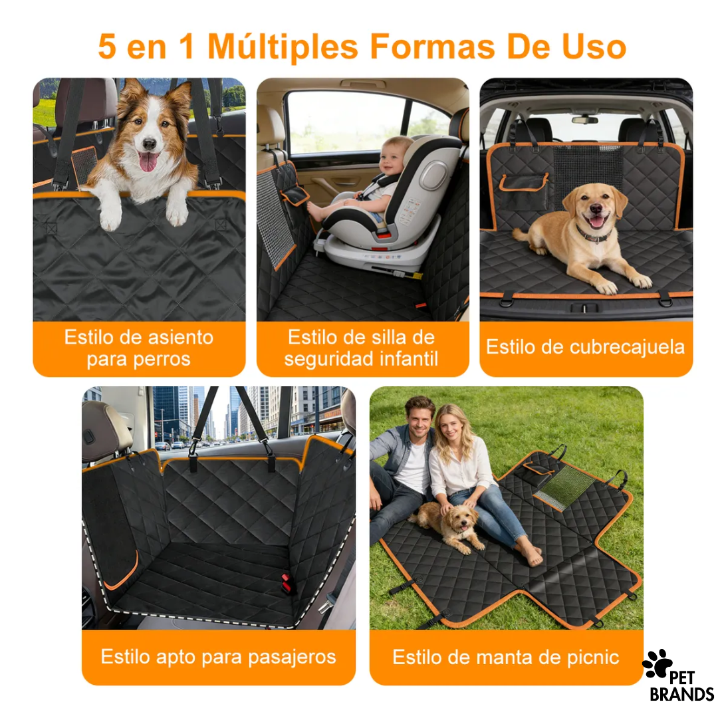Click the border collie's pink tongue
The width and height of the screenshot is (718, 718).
[x=148, y=161]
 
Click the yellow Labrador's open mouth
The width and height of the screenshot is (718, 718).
[x=596, y=221]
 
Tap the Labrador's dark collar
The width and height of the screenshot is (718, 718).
[x=592, y=236]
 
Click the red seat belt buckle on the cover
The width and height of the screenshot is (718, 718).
[x=287, y=583]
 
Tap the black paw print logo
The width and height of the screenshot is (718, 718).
[x=657, y=664]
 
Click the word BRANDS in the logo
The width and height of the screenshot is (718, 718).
[x=681, y=695]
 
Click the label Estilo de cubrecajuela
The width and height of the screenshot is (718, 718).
[x=585, y=347]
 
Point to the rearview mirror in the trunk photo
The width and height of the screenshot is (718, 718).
[x=584, y=120]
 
